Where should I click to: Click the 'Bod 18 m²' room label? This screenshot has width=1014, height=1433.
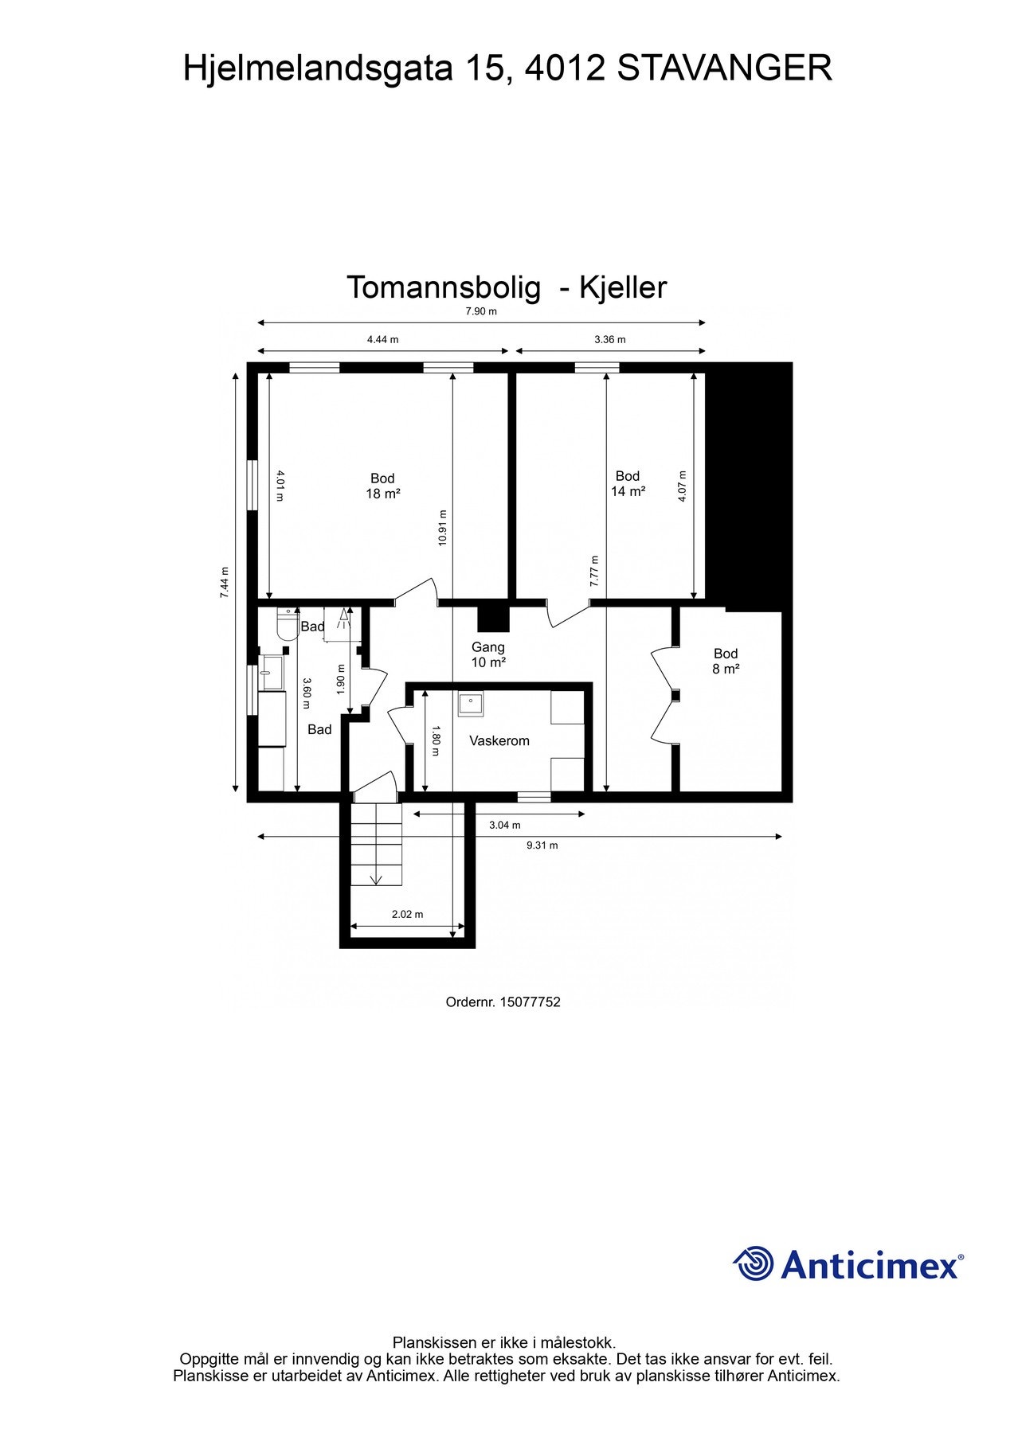pos(382,486)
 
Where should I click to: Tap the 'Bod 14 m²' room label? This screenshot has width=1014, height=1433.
pos(628,484)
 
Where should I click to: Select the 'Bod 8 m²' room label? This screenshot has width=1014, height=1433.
pos(726,661)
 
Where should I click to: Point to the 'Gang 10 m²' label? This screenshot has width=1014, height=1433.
pos(488,654)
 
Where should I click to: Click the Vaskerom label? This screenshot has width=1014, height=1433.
pos(499,740)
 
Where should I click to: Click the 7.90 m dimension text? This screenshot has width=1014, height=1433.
pos(481,311)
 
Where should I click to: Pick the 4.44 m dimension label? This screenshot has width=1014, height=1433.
pos(382,339)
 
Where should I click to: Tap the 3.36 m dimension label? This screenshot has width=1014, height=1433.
pos(610,339)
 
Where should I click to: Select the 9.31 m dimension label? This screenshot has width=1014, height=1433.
pos(542,845)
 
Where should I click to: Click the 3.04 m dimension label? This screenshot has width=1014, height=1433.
pos(504,825)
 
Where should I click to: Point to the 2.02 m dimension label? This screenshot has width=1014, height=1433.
pos(407,914)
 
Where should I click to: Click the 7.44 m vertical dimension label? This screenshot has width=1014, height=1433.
pos(225,583)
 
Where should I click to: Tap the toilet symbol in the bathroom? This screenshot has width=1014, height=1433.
pos(285,625)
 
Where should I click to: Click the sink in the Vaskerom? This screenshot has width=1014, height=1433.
pos(470,705)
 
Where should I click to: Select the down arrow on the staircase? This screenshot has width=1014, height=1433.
pos(376,878)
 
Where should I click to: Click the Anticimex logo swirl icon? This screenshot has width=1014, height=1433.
pos(754,1263)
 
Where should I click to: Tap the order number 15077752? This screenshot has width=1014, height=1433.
pos(530,1002)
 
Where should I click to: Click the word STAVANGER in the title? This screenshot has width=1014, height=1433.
pos(724,68)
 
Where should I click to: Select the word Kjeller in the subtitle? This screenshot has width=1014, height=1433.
pos(622,287)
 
